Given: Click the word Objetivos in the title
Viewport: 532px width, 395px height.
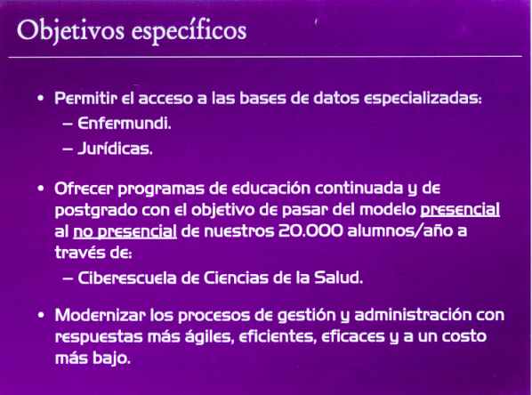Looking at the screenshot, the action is (71, 31).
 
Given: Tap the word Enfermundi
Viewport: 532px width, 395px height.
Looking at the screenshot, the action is (125, 123).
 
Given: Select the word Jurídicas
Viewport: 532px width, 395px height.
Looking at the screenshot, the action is (115, 149).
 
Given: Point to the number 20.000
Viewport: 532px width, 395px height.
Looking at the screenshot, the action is (310, 230).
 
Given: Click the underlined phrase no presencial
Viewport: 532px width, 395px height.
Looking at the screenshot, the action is (125, 232).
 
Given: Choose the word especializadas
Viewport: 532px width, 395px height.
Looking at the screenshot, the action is (423, 99).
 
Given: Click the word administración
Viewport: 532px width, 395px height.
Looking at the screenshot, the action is (413, 315).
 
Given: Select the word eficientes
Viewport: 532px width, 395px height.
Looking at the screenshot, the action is (278, 336).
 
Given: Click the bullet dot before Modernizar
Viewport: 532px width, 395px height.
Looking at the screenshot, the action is (41, 315).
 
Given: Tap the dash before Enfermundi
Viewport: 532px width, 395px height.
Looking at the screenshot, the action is (68, 124).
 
